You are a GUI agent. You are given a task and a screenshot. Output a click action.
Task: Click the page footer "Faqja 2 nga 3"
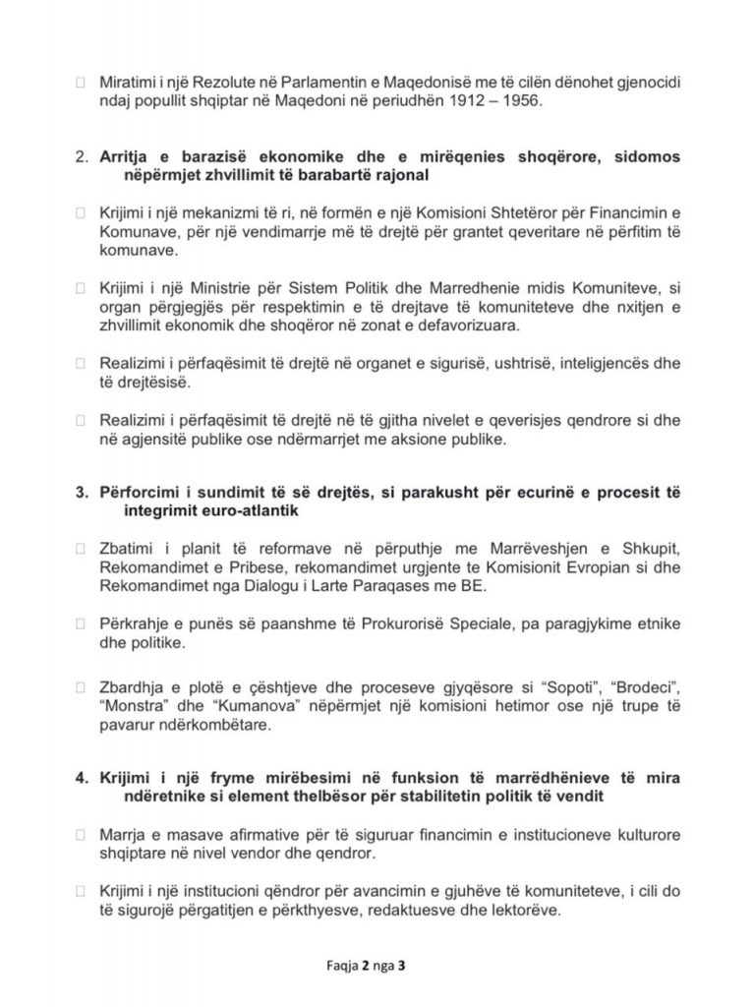(x=376, y=965)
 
